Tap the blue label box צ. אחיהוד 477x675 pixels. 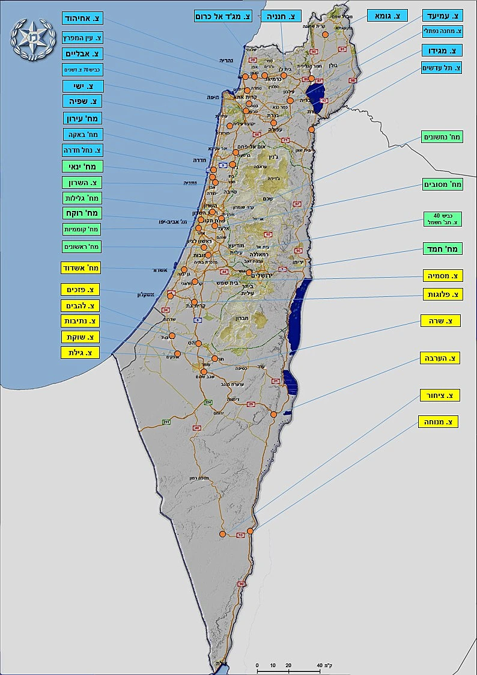[x=83, y=19]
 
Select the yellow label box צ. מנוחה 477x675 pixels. [x=438, y=421]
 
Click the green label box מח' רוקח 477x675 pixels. [x=83, y=213]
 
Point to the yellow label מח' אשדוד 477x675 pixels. [x=81, y=267]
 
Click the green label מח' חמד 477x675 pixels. [x=441, y=248]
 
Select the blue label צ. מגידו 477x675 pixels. [x=442, y=50]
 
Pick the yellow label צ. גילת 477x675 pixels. [x=80, y=352]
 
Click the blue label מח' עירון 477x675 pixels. [x=83, y=118]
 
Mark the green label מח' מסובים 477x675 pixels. [x=442, y=184]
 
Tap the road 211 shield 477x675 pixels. [x=166, y=423]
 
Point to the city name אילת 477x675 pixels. [x=222, y=664]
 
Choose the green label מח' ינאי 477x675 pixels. [x=83, y=166]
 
